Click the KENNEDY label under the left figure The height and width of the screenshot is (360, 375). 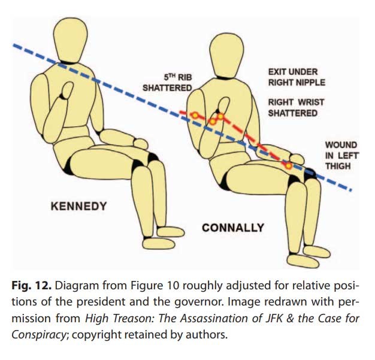point(78,207)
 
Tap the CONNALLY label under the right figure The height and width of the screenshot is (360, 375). point(233,228)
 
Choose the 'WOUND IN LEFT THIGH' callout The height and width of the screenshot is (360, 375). point(341,155)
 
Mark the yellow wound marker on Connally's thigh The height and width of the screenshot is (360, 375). point(288,165)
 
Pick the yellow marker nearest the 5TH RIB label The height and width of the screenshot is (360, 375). point(195,114)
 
